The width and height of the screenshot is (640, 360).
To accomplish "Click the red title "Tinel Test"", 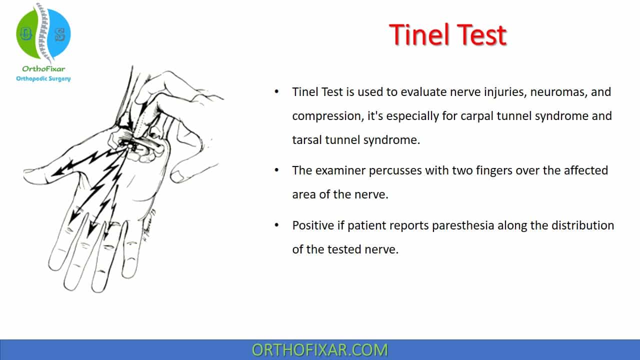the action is pyautogui.click(x=447, y=35).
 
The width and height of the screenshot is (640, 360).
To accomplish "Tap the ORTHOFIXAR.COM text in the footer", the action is pyautogui.click(x=319, y=350).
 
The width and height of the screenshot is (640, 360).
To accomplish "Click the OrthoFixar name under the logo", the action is pyautogui.click(x=43, y=69).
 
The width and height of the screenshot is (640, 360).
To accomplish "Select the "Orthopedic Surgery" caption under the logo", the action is pyautogui.click(x=43, y=78).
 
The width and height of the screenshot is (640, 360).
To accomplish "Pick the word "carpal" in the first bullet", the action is pyautogui.click(x=477, y=116).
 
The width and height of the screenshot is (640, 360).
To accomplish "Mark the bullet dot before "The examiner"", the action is pyautogui.click(x=276, y=170).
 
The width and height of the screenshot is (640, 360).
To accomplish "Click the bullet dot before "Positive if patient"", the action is pyautogui.click(x=276, y=225).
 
